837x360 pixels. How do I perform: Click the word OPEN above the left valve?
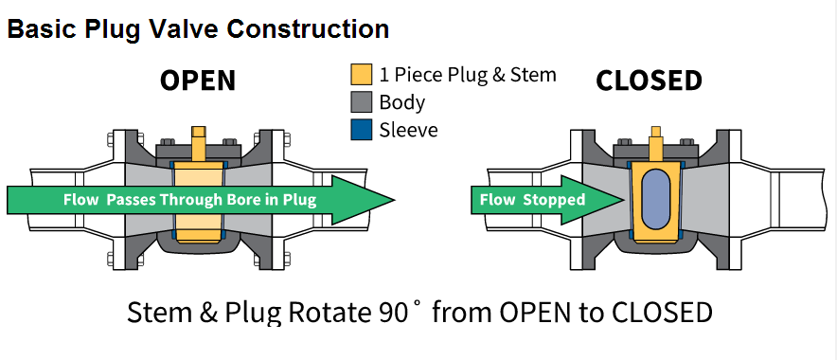[198, 81]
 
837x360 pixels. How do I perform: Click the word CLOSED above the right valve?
[649, 81]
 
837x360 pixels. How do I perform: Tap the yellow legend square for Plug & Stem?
[362, 74]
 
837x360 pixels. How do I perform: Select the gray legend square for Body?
[362, 102]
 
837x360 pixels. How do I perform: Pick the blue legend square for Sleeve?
[362, 130]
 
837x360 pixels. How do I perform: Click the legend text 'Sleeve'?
[408, 130]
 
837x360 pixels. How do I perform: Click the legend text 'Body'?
[402, 103]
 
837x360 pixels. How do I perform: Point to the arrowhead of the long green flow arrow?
[364, 200]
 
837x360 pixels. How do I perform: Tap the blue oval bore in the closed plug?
[655, 198]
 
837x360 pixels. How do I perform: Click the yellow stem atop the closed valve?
[655, 143]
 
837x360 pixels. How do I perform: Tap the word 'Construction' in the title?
[308, 28]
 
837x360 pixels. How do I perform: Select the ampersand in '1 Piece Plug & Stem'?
[498, 75]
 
